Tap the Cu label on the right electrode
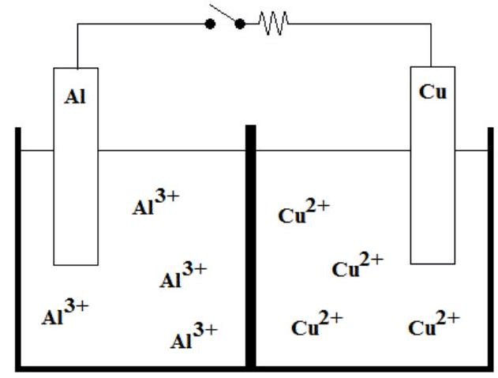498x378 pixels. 432,92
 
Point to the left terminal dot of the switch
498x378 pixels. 210,24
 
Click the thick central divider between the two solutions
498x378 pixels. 250,245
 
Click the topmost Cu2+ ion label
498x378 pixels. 304,212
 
